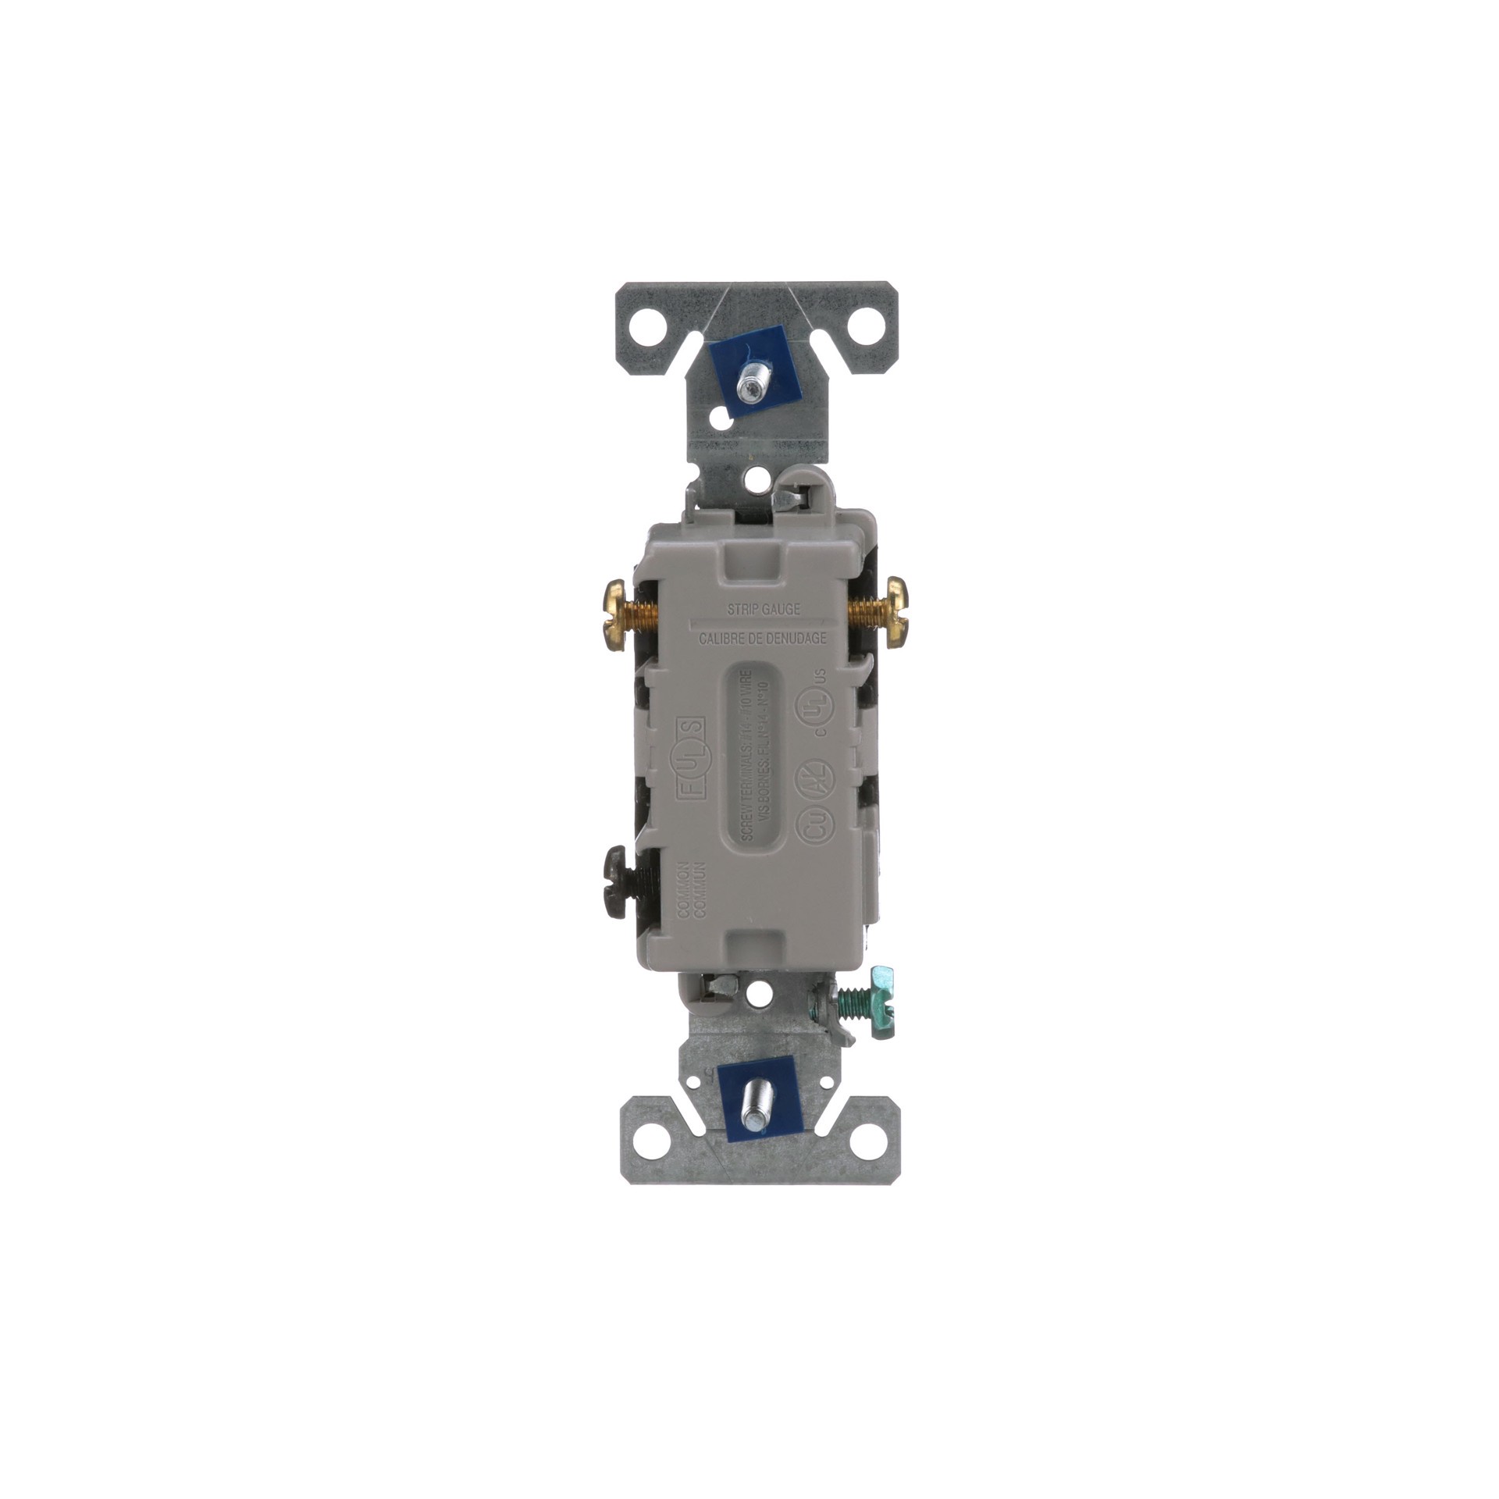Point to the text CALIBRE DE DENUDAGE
click(762, 638)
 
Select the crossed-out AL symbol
click(803, 777)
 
